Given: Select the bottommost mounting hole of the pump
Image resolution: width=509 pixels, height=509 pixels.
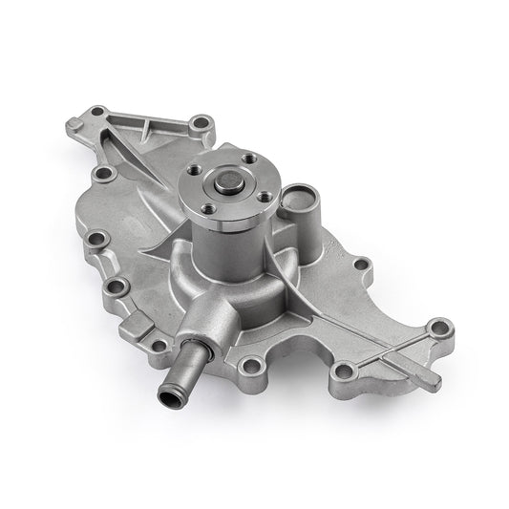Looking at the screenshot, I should [x=252, y=366].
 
